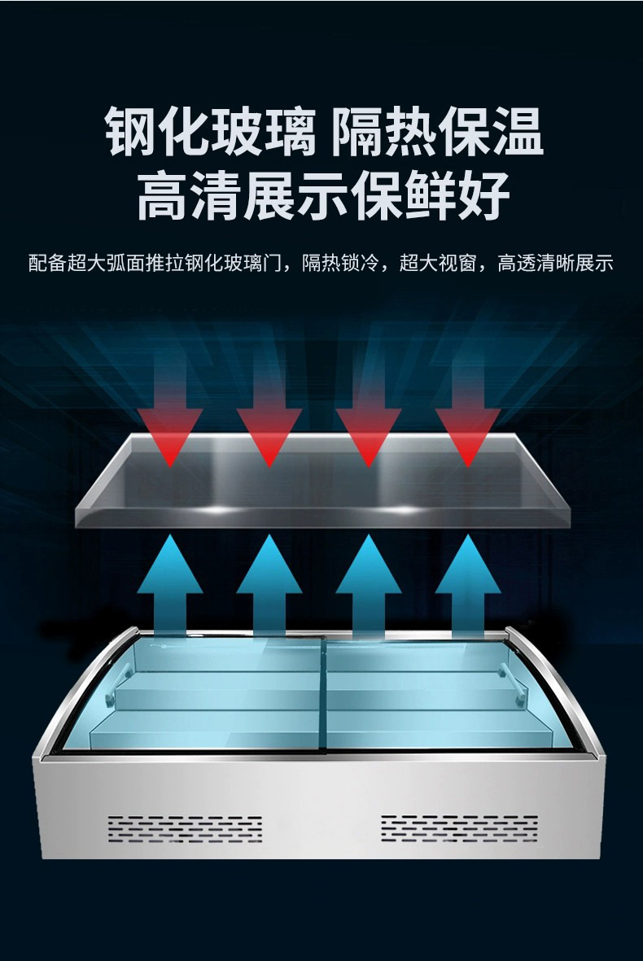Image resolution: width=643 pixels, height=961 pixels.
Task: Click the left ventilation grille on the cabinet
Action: (x=185, y=829)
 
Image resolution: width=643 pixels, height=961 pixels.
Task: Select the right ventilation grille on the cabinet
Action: (x=459, y=828)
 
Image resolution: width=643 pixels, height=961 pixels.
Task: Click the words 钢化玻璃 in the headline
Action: (x=210, y=131)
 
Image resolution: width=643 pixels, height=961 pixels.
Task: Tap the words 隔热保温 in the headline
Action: (x=437, y=131)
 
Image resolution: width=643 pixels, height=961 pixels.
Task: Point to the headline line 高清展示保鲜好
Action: (x=323, y=195)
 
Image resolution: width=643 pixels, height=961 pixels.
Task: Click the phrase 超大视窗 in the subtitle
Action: (x=438, y=263)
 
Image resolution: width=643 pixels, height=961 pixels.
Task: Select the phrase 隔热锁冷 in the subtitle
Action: (x=340, y=263)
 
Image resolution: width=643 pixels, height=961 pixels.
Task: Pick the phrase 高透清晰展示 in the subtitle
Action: (x=555, y=263)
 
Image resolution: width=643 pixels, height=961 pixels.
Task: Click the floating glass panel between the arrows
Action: (x=322, y=481)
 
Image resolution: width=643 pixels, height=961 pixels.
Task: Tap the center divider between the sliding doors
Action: (x=324, y=692)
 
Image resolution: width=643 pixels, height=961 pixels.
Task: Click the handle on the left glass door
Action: (x=116, y=684)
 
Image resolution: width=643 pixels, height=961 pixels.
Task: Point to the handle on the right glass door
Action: (x=514, y=681)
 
